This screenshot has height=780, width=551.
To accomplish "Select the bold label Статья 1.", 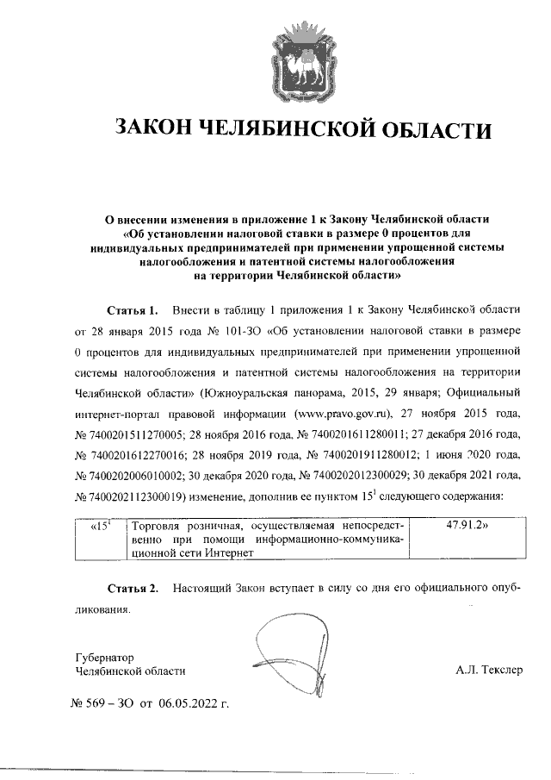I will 133,308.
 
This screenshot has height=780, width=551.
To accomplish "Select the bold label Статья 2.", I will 133,588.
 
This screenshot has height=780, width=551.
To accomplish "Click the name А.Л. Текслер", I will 489,670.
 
